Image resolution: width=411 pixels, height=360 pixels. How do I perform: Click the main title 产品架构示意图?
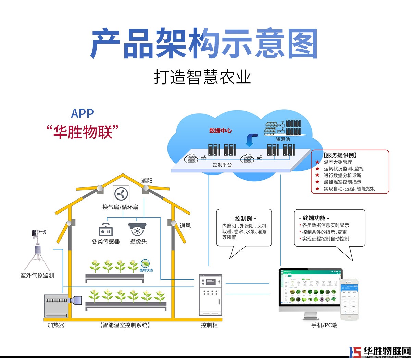click(x=204, y=44)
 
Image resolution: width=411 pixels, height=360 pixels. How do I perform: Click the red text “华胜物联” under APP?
click(x=83, y=132)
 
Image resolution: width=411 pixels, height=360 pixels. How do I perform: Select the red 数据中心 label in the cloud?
click(x=220, y=131)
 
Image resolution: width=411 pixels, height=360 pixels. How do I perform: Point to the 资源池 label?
click(x=283, y=139)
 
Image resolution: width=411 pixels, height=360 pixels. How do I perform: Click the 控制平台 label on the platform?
click(x=222, y=165)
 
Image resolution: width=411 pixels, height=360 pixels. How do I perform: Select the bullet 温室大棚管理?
click(x=338, y=162)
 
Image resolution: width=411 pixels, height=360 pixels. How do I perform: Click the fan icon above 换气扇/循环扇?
click(x=121, y=194)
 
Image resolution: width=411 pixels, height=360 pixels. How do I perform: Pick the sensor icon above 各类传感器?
click(x=105, y=230)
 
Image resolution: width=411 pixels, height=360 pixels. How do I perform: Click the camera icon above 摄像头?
click(x=137, y=229)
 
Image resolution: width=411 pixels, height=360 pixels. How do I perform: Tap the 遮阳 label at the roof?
click(x=147, y=181)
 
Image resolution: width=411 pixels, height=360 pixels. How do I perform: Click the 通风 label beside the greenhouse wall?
click(x=185, y=226)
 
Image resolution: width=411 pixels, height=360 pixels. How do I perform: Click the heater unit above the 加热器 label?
click(x=57, y=305)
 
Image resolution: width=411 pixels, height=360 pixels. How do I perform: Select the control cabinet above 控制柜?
click(x=211, y=294)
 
